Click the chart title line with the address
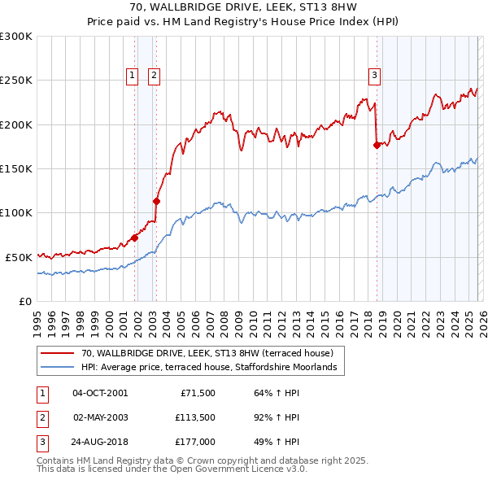coord(245,7)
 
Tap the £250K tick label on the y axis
coord(16,81)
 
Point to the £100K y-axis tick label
coord(16,212)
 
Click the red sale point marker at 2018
coord(377,146)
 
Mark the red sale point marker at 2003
coord(156,201)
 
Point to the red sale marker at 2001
coord(135,238)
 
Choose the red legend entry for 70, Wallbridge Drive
coord(207,353)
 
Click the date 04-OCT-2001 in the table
coord(100,393)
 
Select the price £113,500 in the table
coord(194,417)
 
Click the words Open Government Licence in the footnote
coord(229,469)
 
